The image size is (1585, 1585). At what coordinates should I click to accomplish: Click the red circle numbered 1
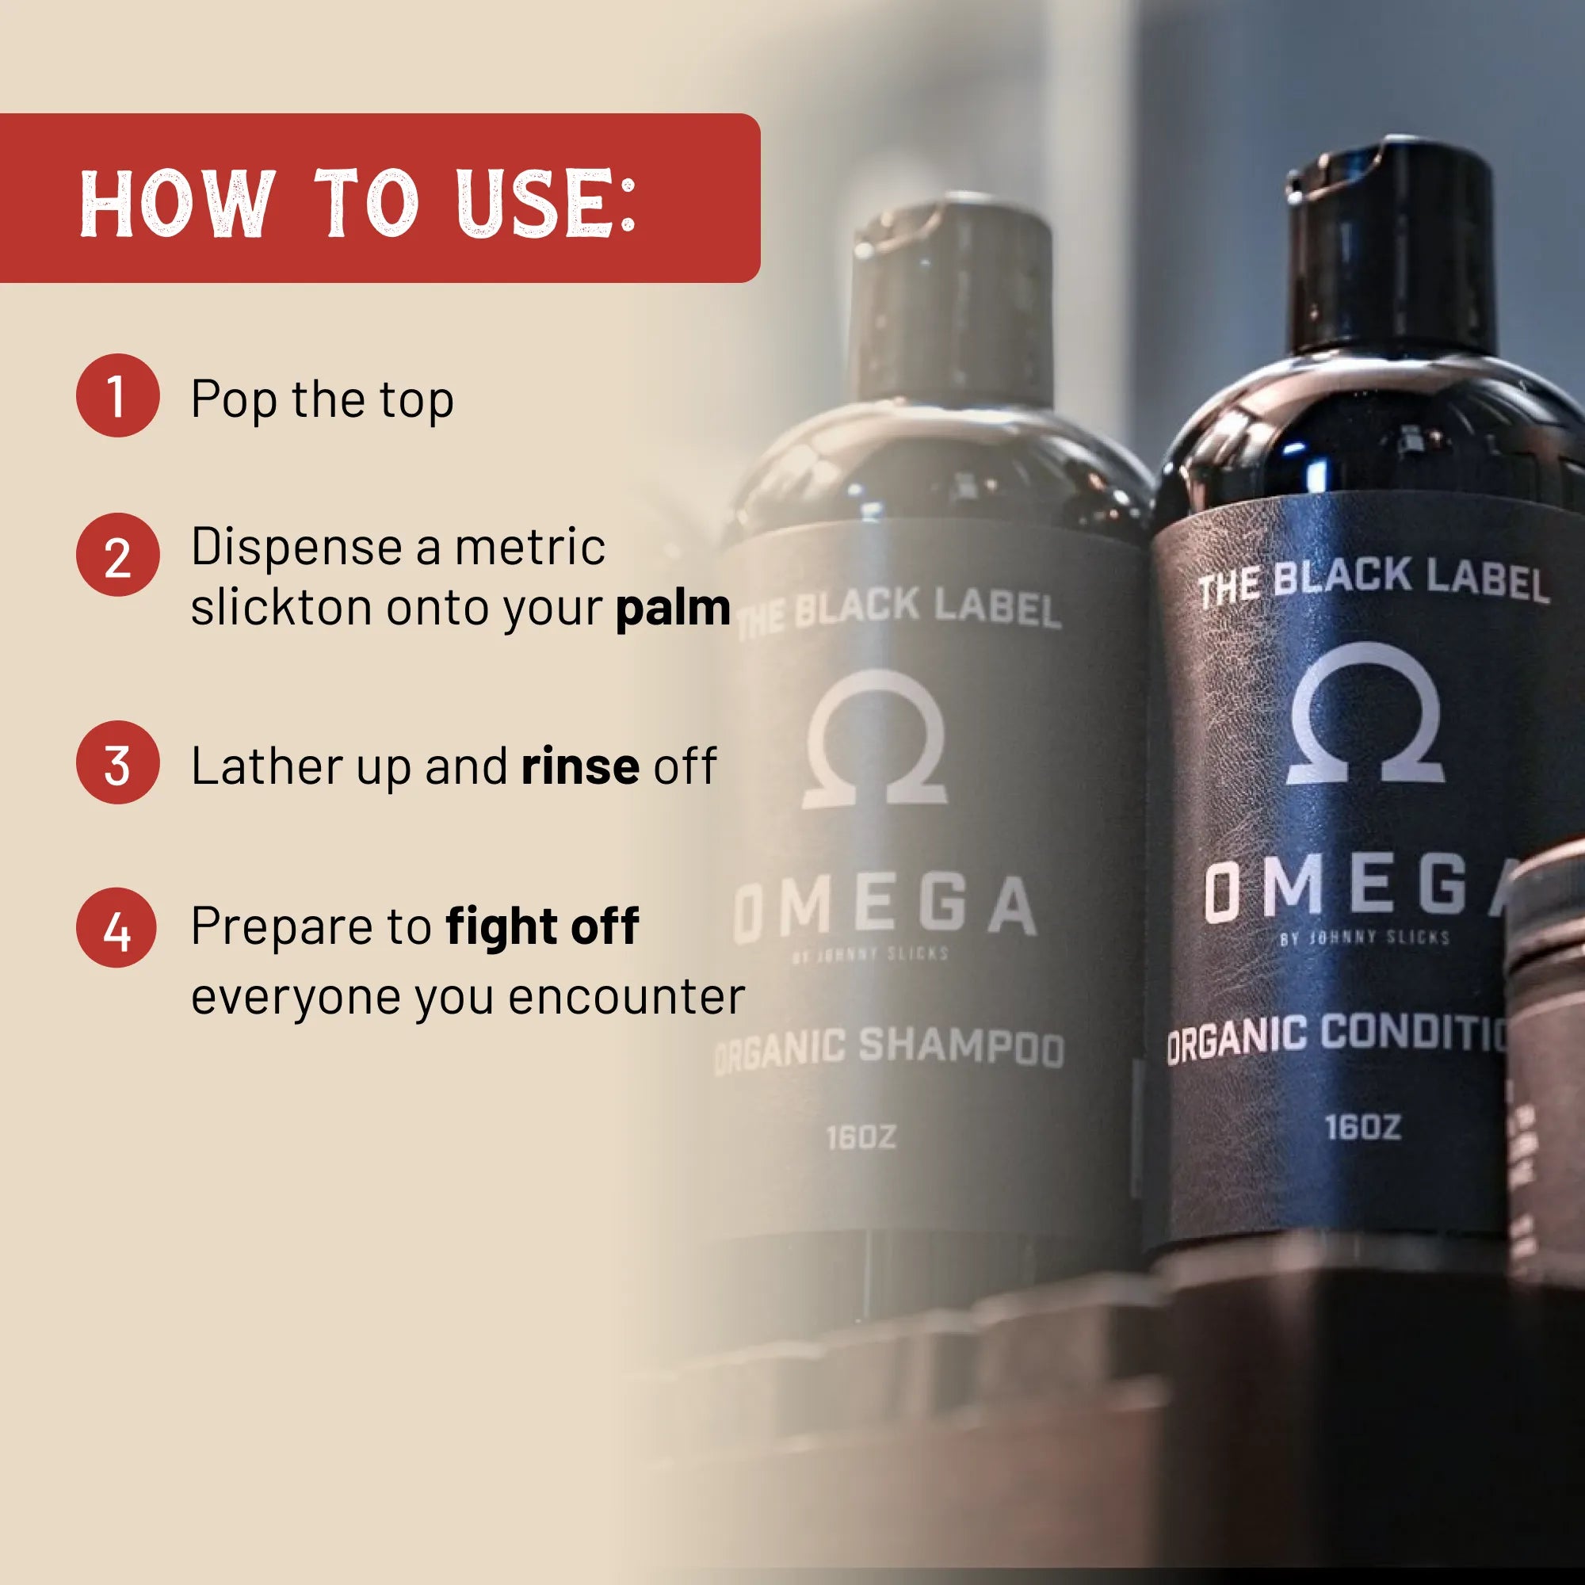[x=117, y=395]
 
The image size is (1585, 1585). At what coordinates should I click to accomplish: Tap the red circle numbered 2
[x=117, y=555]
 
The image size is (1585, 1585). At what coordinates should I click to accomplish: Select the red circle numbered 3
[x=117, y=762]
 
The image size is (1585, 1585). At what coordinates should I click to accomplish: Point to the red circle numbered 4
[x=116, y=928]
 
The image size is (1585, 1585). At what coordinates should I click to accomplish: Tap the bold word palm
[x=673, y=608]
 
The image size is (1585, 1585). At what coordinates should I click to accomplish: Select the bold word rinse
[x=580, y=766]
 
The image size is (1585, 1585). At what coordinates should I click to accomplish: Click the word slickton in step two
[x=281, y=608]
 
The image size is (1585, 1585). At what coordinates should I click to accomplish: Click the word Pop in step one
[x=233, y=400]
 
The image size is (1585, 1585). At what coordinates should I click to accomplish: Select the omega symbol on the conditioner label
[x=1365, y=714]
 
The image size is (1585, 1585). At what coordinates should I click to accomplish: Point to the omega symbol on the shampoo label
[x=876, y=739]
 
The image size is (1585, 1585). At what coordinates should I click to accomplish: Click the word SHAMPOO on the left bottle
[x=961, y=1047]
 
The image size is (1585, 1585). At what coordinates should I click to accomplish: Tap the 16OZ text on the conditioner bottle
[x=1362, y=1127]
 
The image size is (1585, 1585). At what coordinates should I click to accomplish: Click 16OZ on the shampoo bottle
[x=861, y=1137]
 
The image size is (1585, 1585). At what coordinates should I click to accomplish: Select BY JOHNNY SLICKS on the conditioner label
[x=1365, y=938]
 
